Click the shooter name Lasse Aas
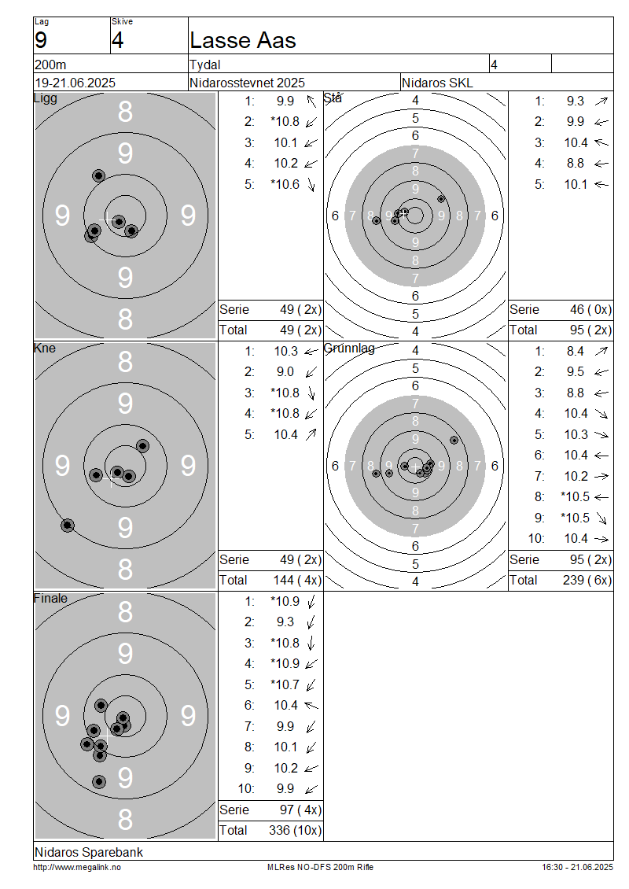click(242, 40)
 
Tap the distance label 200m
click(50, 65)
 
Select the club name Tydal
click(204, 65)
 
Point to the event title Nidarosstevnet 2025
click(247, 83)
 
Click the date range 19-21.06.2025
click(75, 83)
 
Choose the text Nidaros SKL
click(437, 83)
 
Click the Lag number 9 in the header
click(41, 40)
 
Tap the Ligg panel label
click(46, 98)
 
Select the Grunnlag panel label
click(349, 348)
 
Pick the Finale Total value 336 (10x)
click(295, 831)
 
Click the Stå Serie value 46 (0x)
click(590, 309)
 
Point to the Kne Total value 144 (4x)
click(297, 580)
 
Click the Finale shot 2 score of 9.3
click(285, 622)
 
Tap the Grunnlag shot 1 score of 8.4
click(576, 352)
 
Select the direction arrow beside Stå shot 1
click(601, 101)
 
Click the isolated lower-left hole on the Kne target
click(68, 526)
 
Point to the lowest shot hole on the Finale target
click(99, 782)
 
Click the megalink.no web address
click(77, 868)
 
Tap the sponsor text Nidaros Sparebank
click(88, 852)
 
